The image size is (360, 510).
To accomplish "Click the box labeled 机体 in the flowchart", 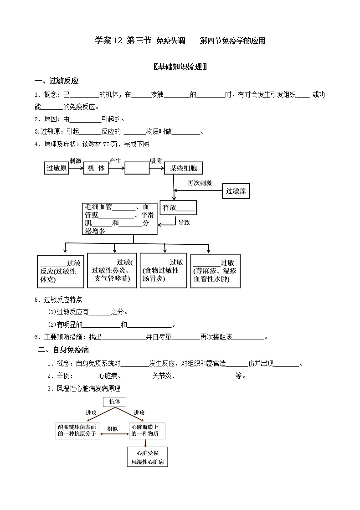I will coord(96,168).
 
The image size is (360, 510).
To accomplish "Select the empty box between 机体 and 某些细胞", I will coord(137,168).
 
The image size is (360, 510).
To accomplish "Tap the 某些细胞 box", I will coord(183,168).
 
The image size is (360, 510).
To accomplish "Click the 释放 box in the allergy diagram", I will coord(178,207).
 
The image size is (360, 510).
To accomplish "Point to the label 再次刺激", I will coord(200,183).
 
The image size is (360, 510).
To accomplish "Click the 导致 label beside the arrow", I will coord(184,222).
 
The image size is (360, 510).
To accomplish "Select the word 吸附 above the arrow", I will coord(156,160).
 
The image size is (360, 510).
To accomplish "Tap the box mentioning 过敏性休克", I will coord(61,271).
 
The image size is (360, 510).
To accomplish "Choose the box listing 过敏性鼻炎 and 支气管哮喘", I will coord(112,270).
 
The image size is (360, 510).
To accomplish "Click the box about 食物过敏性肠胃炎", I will coord(164,270).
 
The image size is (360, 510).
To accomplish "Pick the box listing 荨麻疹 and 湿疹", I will coord(213,271).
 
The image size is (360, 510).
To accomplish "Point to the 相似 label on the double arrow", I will coord(112,429).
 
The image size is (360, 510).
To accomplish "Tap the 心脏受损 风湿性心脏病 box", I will coord(148,457).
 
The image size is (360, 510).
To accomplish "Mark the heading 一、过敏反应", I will coord(57,81).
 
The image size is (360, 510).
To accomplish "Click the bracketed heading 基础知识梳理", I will coord(180,67).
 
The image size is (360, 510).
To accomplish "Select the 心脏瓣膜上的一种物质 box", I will coord(147,431).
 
